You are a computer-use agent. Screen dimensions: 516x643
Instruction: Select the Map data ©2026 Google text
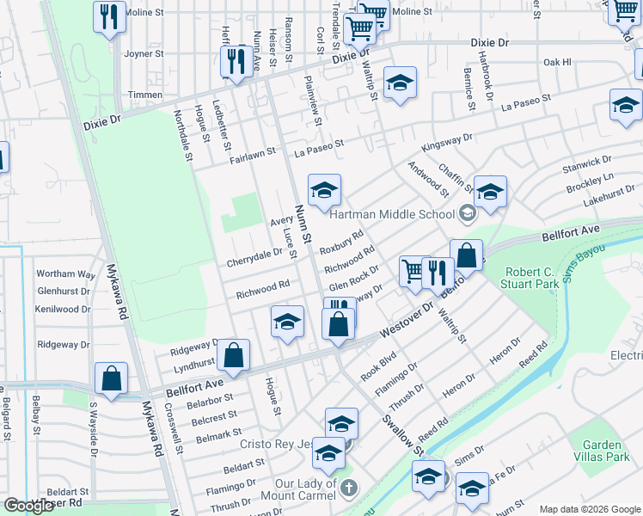pos(589,509)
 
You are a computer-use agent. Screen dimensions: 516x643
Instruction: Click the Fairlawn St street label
pos(252,153)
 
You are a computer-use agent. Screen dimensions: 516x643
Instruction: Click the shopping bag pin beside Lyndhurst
pos(233,354)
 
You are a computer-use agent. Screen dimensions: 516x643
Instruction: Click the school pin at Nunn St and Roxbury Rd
pos(324,191)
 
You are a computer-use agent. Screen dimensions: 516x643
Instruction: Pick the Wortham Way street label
pos(65,274)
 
